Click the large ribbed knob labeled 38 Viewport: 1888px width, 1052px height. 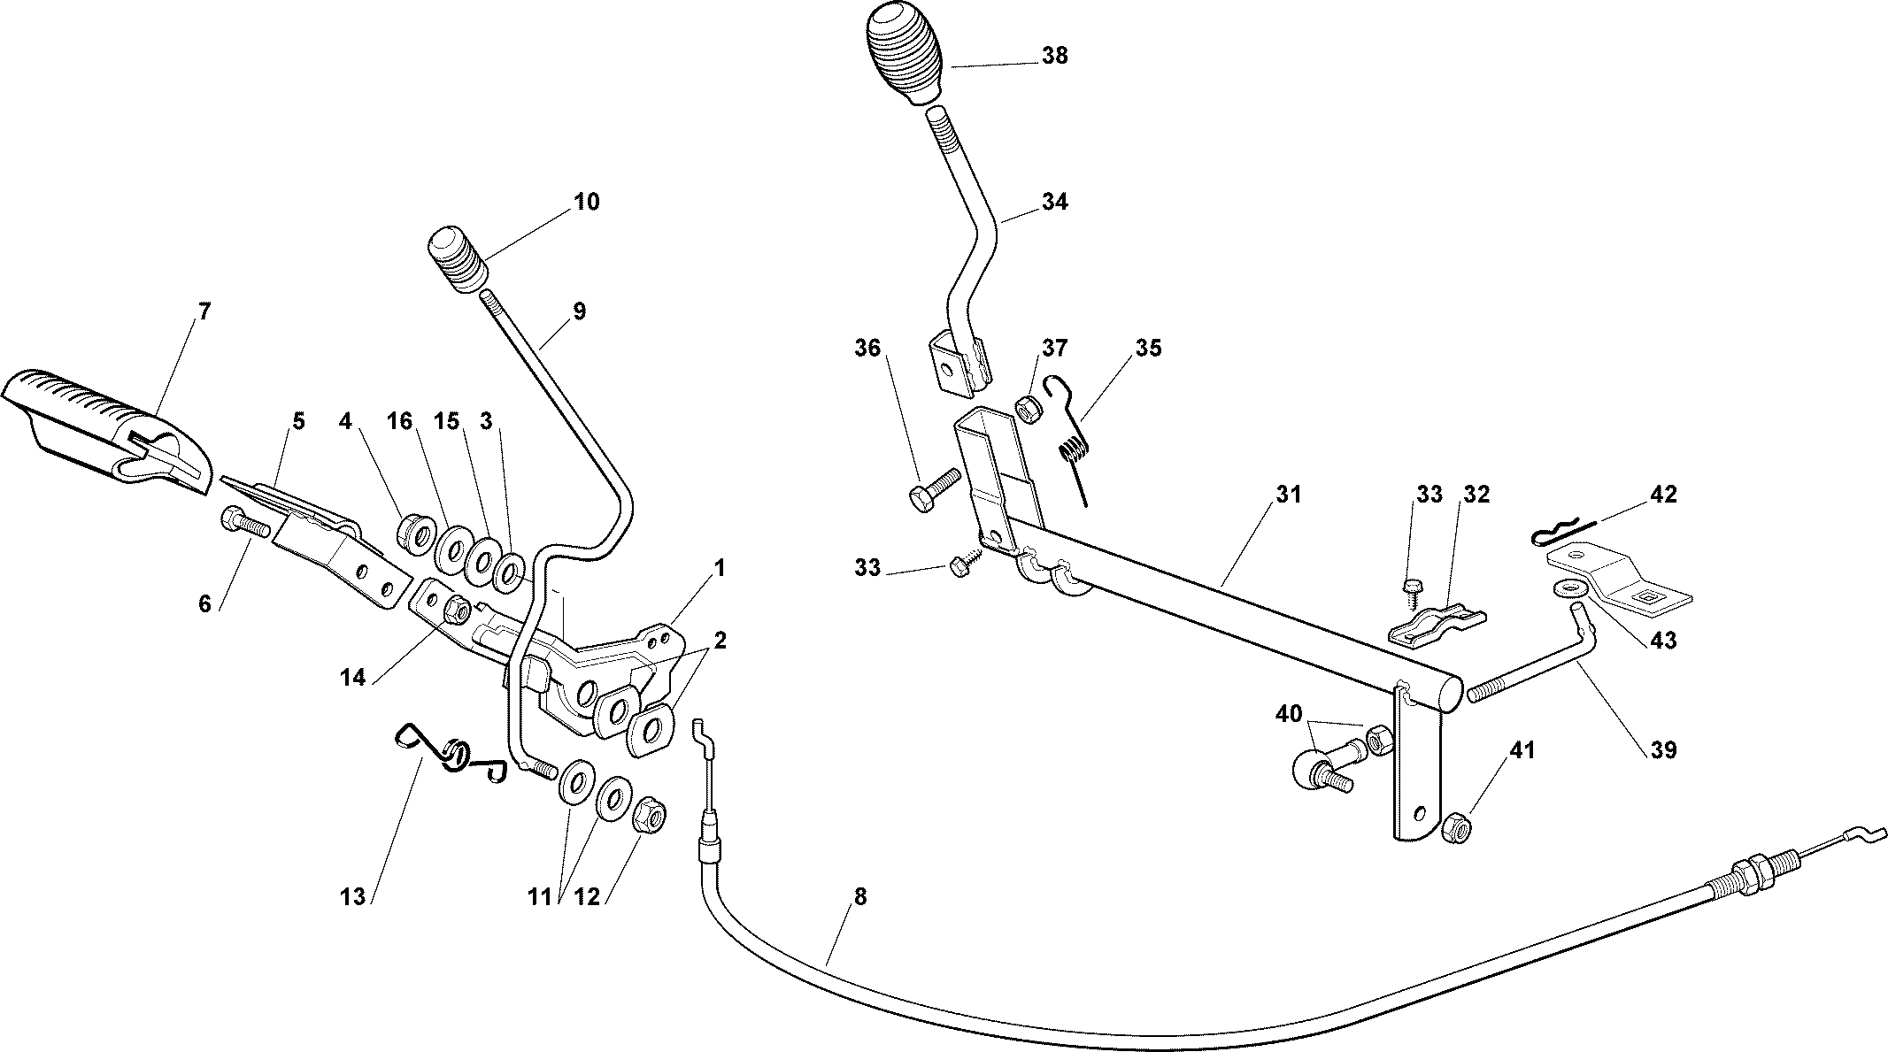point(903,53)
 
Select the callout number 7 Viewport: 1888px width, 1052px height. point(204,311)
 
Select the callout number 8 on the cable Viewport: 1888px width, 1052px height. point(859,897)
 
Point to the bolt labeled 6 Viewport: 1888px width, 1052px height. point(243,522)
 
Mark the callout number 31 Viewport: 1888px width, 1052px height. point(1289,495)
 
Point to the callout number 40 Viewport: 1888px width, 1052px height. point(1289,714)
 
